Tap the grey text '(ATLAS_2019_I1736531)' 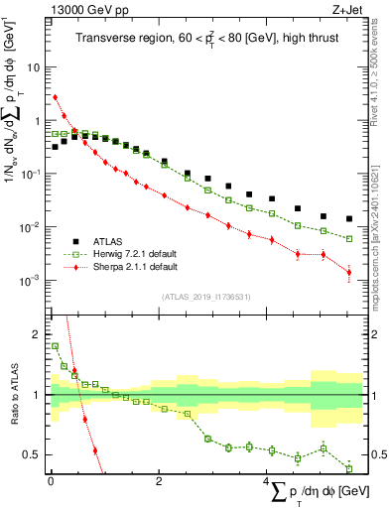[206, 297]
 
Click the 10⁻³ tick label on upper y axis [32, 281]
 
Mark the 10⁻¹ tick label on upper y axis [32, 175]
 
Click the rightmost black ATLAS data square [348, 218]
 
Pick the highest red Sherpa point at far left [56, 97]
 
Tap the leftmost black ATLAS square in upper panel [56, 147]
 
